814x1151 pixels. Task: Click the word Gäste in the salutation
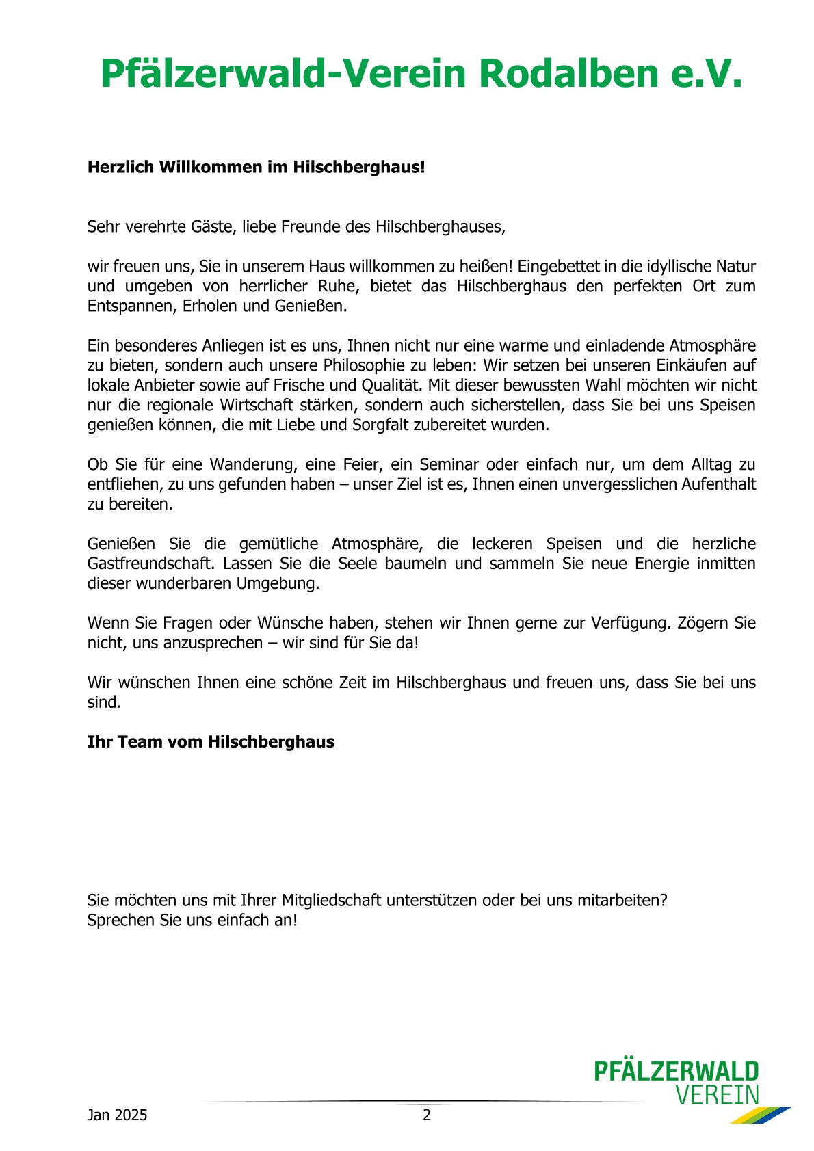point(212,226)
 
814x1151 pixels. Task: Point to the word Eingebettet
point(562,266)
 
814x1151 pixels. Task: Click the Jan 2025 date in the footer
point(117,1115)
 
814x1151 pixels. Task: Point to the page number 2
point(427,1115)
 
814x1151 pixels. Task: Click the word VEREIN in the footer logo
point(717,1095)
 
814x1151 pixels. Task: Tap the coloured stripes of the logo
point(759,1115)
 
